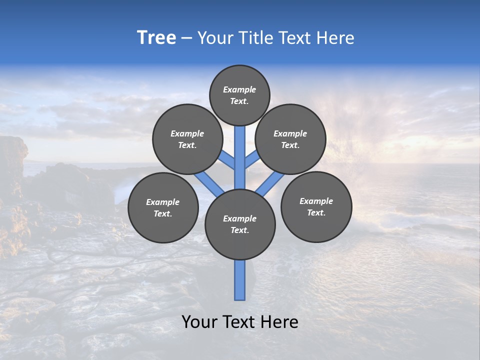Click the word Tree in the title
point(156,38)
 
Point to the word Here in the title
point(335,38)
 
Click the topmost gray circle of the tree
point(239,95)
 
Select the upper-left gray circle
point(187,139)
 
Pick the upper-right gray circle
point(290,139)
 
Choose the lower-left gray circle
point(163,207)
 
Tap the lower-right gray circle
point(316,206)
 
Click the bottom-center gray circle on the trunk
point(240,224)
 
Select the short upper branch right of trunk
point(251,159)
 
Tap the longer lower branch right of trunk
point(270,183)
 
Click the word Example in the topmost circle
point(239,90)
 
